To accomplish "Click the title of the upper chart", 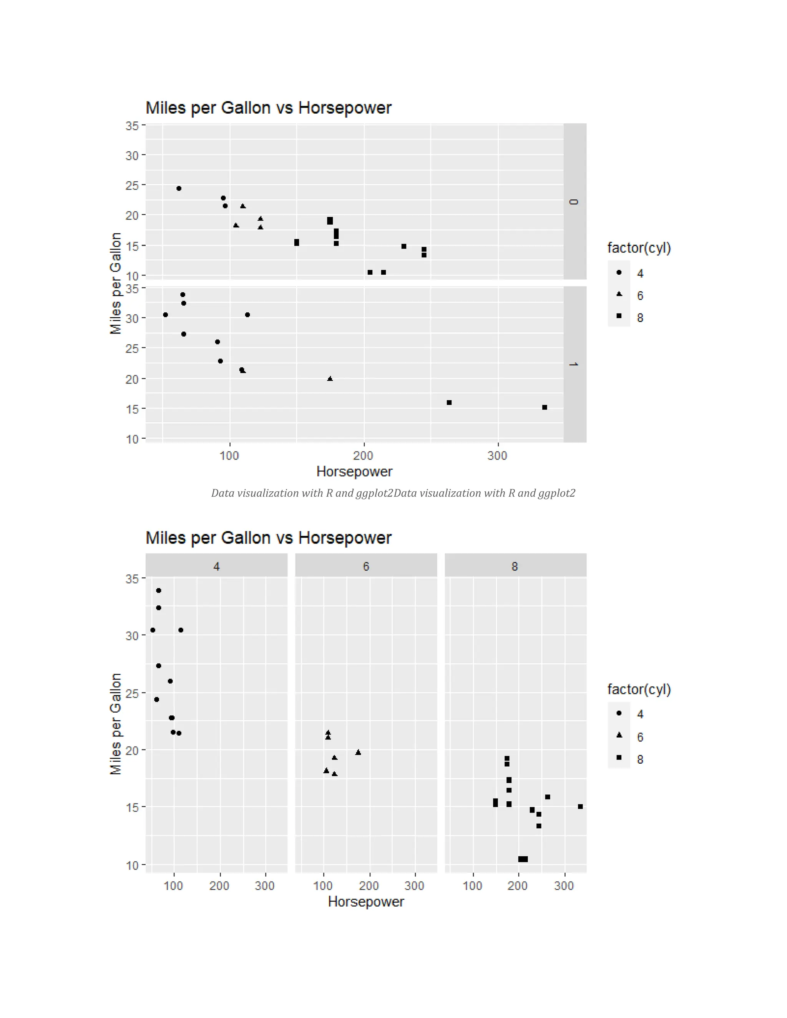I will tap(268, 108).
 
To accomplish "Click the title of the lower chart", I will tap(268, 538).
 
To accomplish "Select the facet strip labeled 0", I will tap(574, 201).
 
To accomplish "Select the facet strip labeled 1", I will tap(574, 364).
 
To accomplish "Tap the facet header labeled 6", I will tap(366, 566).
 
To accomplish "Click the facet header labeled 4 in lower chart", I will tap(216, 566).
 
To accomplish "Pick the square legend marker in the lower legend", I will tap(619, 758).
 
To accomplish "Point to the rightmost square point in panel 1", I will tap(545, 407).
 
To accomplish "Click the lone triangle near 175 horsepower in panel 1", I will tap(330, 379).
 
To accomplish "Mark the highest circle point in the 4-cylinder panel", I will tap(159, 590).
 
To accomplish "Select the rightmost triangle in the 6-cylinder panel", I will tap(358, 752).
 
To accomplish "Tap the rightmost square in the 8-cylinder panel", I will tap(581, 806).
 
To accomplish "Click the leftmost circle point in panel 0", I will tap(179, 188).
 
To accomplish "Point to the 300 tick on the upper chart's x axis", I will tap(498, 455).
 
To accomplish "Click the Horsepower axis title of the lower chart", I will tap(365, 902).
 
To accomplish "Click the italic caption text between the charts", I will tap(393, 493).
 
